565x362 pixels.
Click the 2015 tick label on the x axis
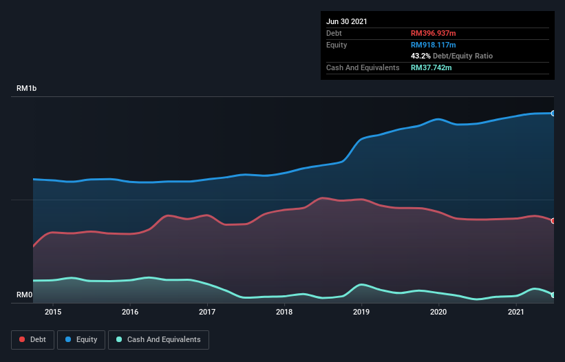[x=53, y=312]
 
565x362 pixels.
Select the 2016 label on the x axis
[x=130, y=312]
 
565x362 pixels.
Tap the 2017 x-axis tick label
[x=207, y=312]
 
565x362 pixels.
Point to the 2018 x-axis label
[x=284, y=312]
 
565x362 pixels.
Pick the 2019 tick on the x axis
[x=362, y=312]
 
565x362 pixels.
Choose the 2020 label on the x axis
[x=439, y=312]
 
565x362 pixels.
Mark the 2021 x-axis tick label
[x=516, y=312]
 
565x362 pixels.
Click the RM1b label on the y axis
[x=27, y=89]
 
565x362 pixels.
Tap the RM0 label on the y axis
[x=24, y=295]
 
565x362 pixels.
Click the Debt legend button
[x=32, y=339]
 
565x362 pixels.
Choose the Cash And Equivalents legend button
[x=158, y=339]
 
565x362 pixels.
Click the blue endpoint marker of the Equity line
[x=553, y=113]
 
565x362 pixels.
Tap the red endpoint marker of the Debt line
[x=553, y=221]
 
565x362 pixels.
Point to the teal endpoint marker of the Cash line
[x=553, y=295]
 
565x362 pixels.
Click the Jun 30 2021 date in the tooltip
[x=347, y=21]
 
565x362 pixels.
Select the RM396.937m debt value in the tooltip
[x=434, y=33]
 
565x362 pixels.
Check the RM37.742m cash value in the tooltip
[x=431, y=67]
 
